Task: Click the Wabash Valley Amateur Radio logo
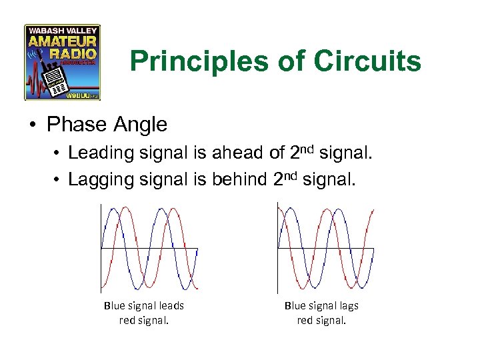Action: tap(62, 62)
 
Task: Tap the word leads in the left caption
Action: tap(171, 305)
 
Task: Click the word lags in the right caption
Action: tap(347, 305)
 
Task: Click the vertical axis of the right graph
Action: tap(277, 247)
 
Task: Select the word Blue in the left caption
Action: tap(114, 305)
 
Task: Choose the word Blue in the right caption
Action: tap(295, 305)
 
